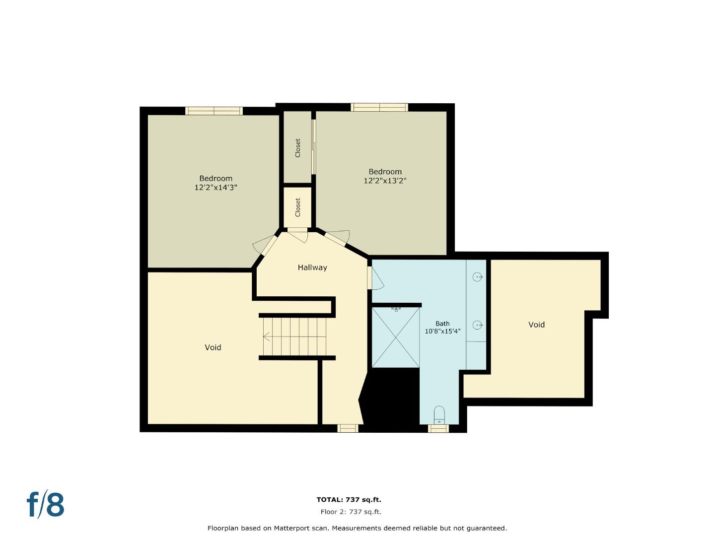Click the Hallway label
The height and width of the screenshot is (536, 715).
(x=312, y=268)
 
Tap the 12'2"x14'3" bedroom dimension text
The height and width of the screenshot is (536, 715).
(x=215, y=188)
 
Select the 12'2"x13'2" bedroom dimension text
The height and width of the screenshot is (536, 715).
(x=385, y=181)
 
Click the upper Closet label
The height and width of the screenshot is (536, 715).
(x=298, y=148)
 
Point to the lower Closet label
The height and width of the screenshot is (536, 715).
(x=298, y=207)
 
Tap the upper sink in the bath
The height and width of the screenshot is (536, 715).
(x=478, y=277)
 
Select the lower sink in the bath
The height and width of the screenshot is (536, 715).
(x=478, y=325)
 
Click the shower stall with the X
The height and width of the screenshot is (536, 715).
(x=395, y=337)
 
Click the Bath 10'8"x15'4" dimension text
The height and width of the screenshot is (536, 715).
(x=442, y=331)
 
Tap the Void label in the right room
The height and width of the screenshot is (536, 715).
(x=536, y=325)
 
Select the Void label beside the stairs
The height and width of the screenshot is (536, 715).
(x=213, y=347)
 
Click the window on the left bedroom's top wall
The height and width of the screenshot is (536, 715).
(x=214, y=111)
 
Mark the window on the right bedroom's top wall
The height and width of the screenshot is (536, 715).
(x=379, y=107)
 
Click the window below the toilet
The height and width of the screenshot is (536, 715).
(x=438, y=428)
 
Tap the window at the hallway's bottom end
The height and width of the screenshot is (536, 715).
(x=348, y=428)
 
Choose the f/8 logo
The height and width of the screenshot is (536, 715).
(x=45, y=505)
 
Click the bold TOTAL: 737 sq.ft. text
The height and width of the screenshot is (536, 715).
(x=349, y=500)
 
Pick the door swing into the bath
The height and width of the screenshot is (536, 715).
(x=377, y=279)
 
